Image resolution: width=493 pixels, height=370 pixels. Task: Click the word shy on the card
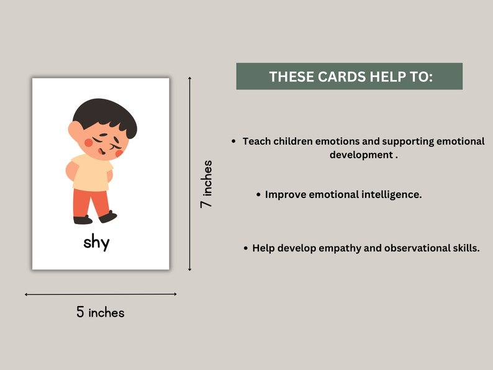96,242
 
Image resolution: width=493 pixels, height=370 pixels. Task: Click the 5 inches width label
101,313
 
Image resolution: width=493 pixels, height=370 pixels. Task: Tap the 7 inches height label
206,184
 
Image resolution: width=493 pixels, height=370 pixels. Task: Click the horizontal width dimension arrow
101,294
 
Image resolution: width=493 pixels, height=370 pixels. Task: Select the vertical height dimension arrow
189,174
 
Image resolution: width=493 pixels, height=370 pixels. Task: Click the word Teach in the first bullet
256,142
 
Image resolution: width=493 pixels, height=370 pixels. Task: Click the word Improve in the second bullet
286,194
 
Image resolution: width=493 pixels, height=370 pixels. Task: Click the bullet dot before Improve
258,195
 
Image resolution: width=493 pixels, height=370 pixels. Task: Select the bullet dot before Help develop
245,248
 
